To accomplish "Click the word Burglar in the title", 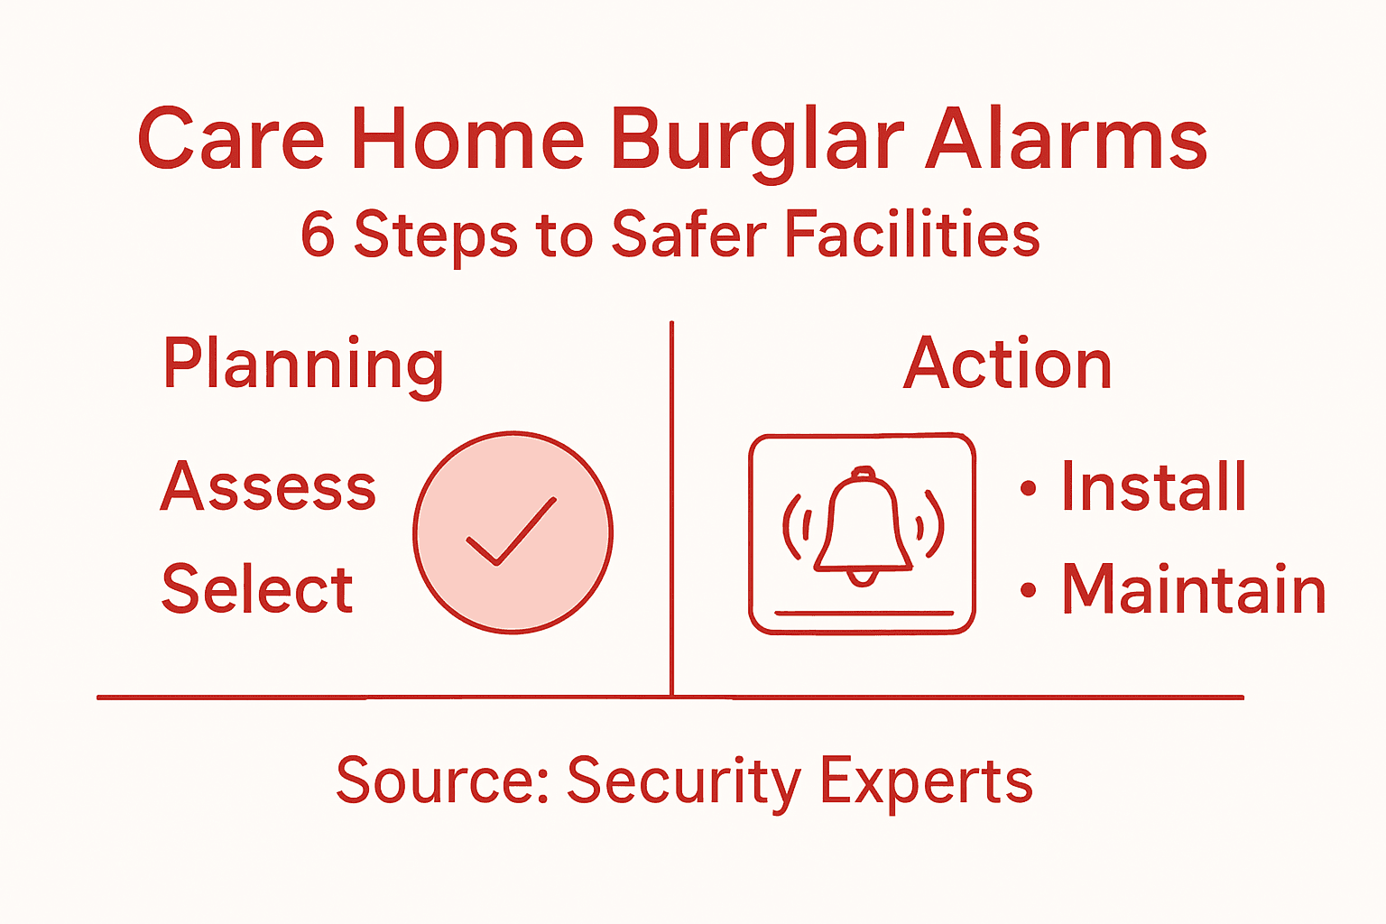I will pyautogui.click(x=756, y=140).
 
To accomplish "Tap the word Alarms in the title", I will pyautogui.click(x=1067, y=140).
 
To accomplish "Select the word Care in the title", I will pyautogui.click(x=231, y=140).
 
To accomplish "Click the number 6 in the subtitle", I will pyautogui.click(x=318, y=234).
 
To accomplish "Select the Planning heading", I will pyautogui.click(x=303, y=365).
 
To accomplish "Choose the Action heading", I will pyautogui.click(x=1007, y=364).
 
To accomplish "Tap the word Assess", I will pyautogui.click(x=268, y=486).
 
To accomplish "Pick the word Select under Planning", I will pyautogui.click(x=257, y=589).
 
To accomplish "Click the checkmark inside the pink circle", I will pyautogui.click(x=511, y=531).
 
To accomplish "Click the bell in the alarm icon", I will pyautogui.click(x=863, y=528).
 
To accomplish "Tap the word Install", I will pyautogui.click(x=1154, y=487).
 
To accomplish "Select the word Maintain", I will pyautogui.click(x=1194, y=590).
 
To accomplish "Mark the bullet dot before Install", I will pyautogui.click(x=1028, y=488).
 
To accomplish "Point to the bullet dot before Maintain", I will pyautogui.click(x=1028, y=591).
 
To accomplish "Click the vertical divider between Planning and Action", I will pyautogui.click(x=672, y=505).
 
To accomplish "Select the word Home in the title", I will pyautogui.click(x=467, y=140).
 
